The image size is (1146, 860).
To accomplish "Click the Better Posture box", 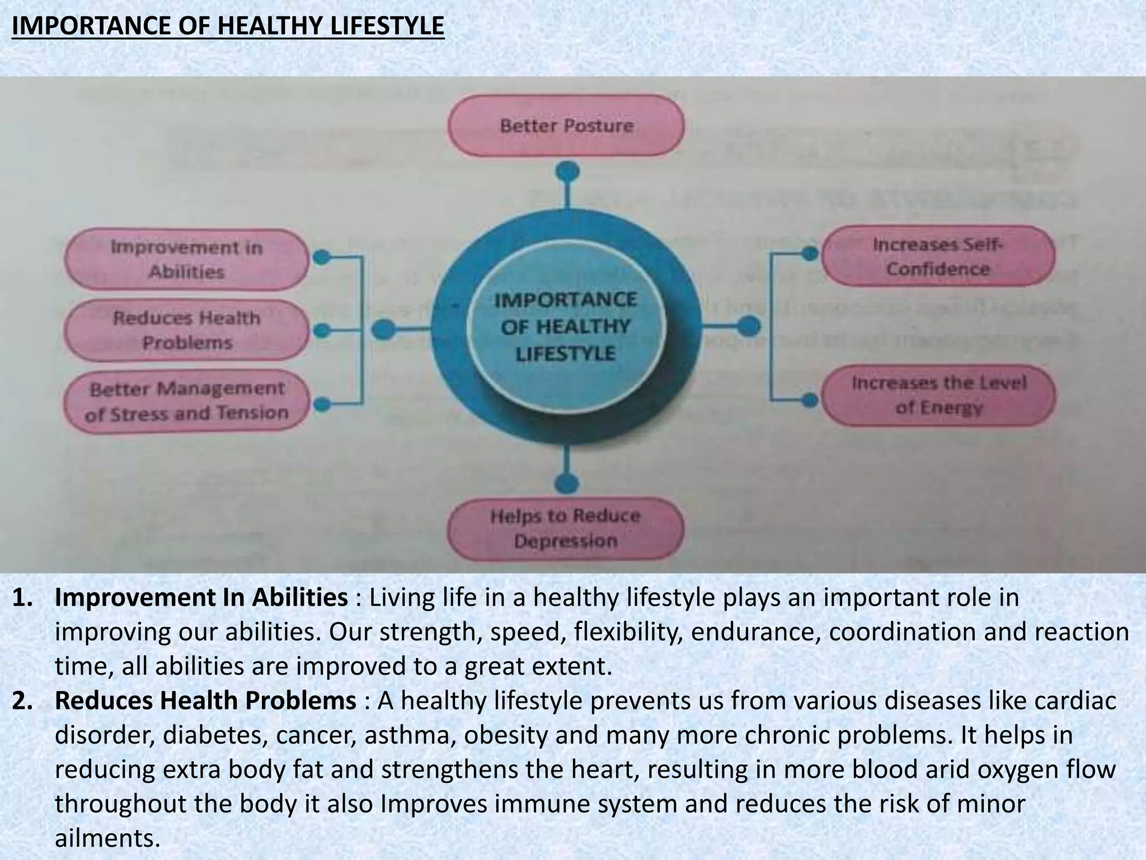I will click(566, 125).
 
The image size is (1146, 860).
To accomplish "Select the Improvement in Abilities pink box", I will click(186, 259).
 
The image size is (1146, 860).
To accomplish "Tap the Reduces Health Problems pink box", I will click(186, 330).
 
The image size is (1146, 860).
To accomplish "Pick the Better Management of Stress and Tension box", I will click(186, 400).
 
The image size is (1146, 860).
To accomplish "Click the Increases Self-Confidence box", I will click(938, 256).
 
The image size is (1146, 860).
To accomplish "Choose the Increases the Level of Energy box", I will click(938, 395).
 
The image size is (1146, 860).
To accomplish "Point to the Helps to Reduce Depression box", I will click(565, 528).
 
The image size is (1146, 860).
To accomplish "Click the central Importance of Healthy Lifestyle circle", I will click(565, 326).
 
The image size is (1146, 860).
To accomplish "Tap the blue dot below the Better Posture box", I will click(567, 171).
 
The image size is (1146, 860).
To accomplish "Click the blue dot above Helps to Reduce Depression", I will click(567, 483).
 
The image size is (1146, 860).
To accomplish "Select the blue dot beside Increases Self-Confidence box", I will click(809, 254).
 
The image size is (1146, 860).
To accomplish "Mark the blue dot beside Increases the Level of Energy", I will click(809, 399).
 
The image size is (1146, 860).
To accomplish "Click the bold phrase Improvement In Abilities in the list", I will click(201, 598).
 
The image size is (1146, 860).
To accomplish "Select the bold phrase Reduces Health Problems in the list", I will click(205, 701).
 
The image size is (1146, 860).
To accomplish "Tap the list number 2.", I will click(22, 701).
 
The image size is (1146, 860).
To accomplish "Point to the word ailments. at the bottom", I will click(107, 838).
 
